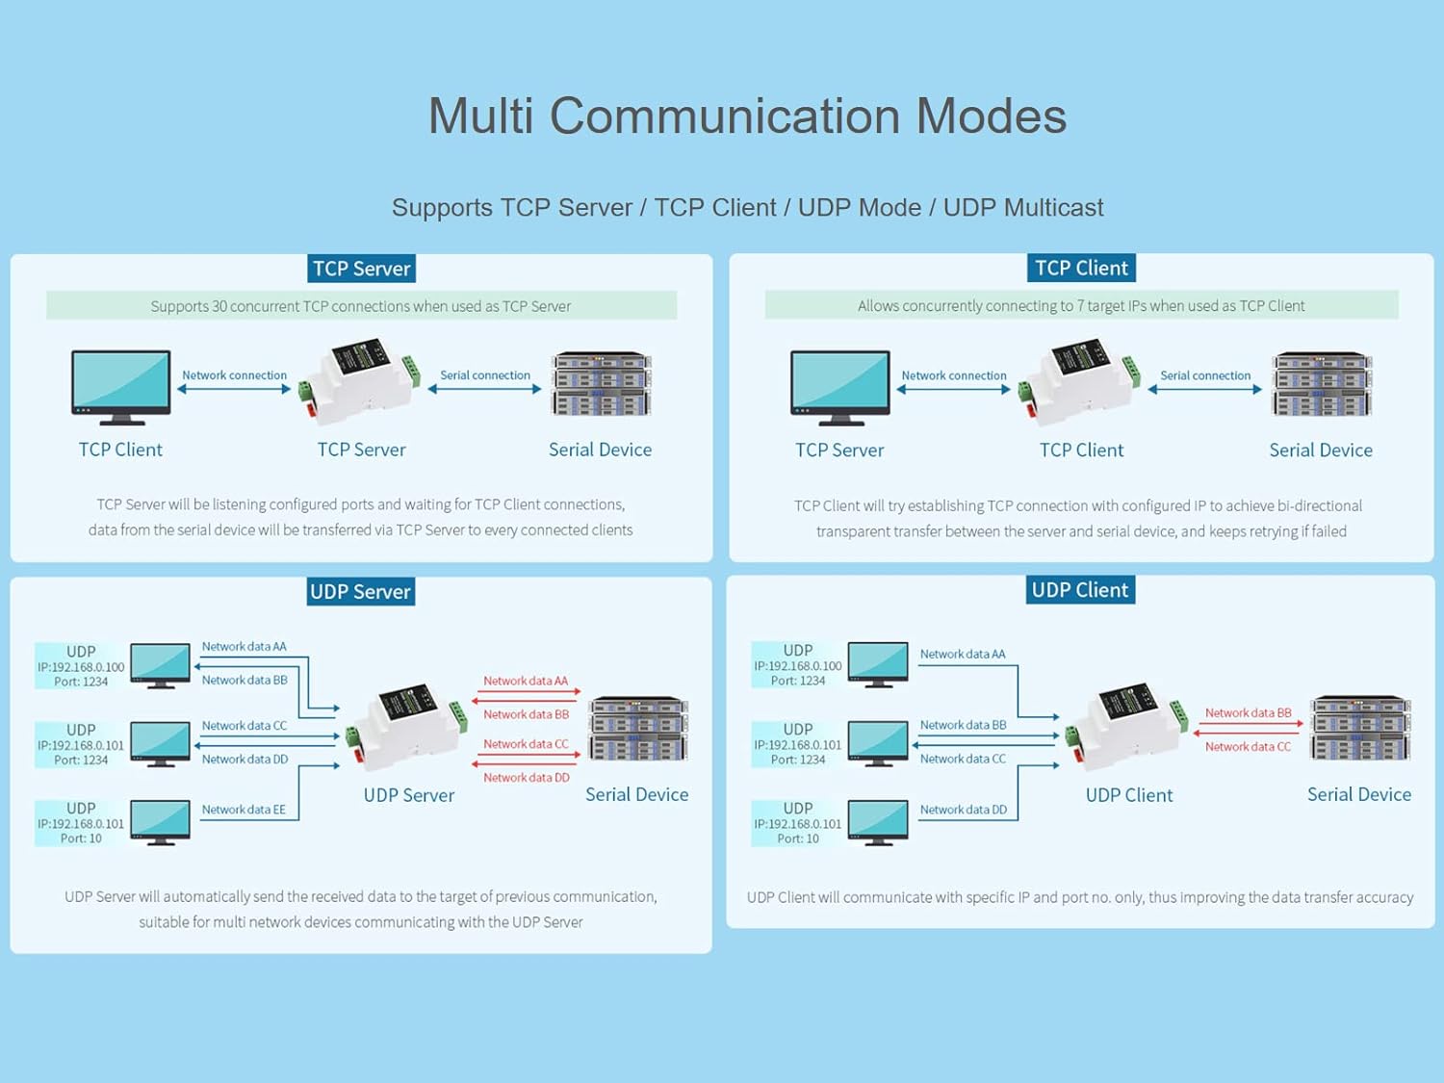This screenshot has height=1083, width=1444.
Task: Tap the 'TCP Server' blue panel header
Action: click(361, 269)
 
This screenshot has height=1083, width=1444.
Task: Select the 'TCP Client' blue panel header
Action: click(1081, 268)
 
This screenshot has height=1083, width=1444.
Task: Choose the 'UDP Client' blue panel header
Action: click(1079, 590)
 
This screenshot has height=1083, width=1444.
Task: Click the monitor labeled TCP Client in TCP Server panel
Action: click(121, 386)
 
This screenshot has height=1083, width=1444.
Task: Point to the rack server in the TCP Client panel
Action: click(1321, 384)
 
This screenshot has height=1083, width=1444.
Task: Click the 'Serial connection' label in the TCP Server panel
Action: click(485, 375)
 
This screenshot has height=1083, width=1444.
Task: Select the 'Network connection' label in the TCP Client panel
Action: click(953, 375)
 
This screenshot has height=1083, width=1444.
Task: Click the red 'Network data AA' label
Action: click(526, 681)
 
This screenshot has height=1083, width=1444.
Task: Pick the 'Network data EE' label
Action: click(244, 810)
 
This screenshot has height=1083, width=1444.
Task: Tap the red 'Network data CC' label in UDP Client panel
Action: click(1248, 747)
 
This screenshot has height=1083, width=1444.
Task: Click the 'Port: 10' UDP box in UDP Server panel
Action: click(81, 823)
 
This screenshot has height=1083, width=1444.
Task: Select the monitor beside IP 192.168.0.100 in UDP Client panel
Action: click(878, 664)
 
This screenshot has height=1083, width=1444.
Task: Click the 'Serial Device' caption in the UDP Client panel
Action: click(1358, 794)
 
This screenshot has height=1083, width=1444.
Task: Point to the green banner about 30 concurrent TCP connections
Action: click(361, 306)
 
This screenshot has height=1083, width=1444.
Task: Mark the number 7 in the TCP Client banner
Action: click(1080, 306)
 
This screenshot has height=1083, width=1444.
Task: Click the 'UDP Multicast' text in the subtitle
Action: click(1022, 207)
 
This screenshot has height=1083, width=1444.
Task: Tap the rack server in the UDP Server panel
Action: click(637, 729)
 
